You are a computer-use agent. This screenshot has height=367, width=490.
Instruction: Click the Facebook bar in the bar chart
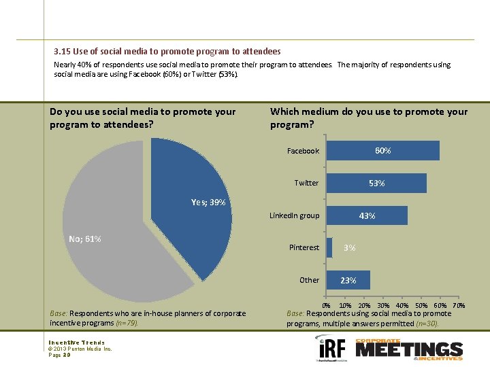click(383, 151)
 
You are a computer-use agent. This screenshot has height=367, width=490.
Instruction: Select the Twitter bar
click(376, 183)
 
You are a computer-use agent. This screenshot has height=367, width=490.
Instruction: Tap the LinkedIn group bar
click(367, 215)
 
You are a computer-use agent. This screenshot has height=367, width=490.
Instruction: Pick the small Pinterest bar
click(329, 247)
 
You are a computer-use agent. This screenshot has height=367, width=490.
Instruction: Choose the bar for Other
click(348, 280)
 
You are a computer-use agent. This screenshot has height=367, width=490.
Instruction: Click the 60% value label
click(383, 151)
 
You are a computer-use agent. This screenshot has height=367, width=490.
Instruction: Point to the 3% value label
click(349, 248)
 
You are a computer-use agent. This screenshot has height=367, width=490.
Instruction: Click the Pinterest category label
click(304, 247)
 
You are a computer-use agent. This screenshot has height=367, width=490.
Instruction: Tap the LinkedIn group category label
click(294, 215)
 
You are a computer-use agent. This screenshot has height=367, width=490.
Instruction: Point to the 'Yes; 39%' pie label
click(208, 203)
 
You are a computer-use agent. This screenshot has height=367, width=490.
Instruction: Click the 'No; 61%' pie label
click(85, 239)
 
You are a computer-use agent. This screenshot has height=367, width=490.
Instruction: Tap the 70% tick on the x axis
click(459, 306)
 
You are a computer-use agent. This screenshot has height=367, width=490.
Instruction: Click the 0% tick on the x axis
click(326, 306)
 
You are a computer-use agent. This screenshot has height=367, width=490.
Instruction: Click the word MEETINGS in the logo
click(408, 350)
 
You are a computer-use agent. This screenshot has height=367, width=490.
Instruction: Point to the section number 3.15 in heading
click(61, 52)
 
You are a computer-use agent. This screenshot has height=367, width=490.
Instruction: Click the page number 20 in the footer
click(66, 355)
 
